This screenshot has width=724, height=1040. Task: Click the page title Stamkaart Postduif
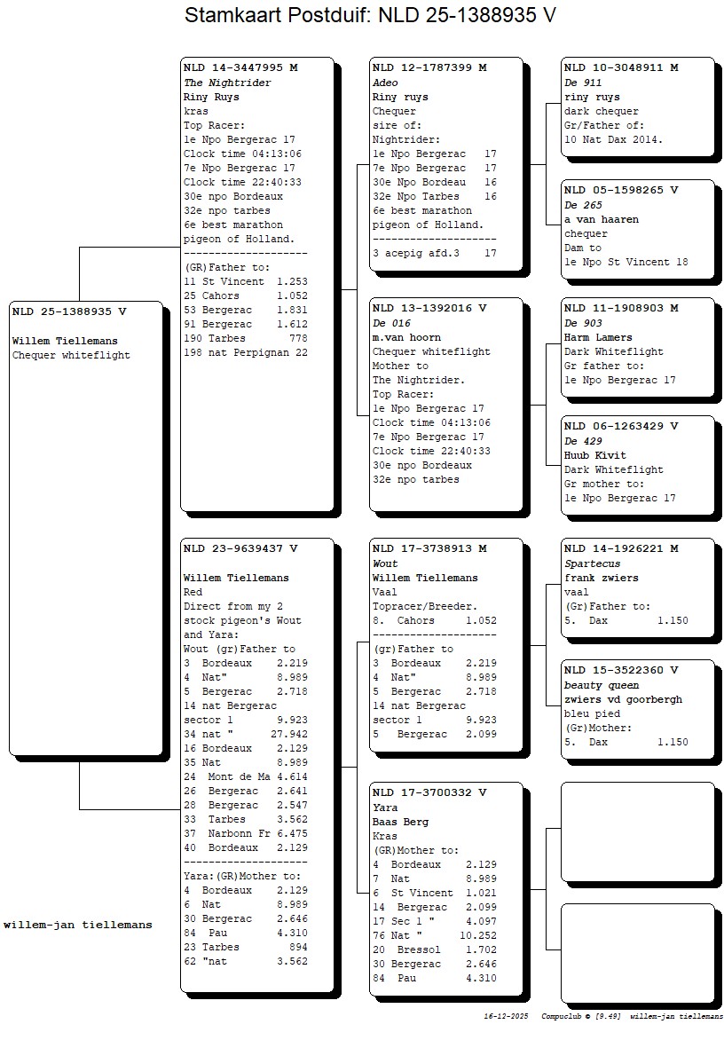[370, 15]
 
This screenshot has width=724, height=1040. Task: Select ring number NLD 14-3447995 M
[240, 67]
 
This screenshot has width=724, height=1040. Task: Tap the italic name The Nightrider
[227, 83]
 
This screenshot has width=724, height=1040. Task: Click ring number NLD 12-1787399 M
[429, 67]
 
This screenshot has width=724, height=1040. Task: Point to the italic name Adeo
[385, 83]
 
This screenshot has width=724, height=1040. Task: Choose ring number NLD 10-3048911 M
[621, 67]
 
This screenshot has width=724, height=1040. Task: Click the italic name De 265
[583, 205]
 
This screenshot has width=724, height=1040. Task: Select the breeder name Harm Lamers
[598, 337]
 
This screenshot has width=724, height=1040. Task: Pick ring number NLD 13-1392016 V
[429, 309]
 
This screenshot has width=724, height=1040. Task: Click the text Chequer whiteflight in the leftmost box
[71, 355]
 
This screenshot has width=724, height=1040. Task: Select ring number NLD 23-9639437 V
[240, 548]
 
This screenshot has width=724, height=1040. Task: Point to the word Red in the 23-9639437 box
[193, 592]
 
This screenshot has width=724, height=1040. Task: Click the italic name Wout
[385, 563]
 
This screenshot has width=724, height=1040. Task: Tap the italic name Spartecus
[592, 563]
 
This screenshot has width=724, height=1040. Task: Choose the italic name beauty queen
[601, 685]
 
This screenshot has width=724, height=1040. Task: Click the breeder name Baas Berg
[400, 822]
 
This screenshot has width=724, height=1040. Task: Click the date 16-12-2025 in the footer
[506, 1016]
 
